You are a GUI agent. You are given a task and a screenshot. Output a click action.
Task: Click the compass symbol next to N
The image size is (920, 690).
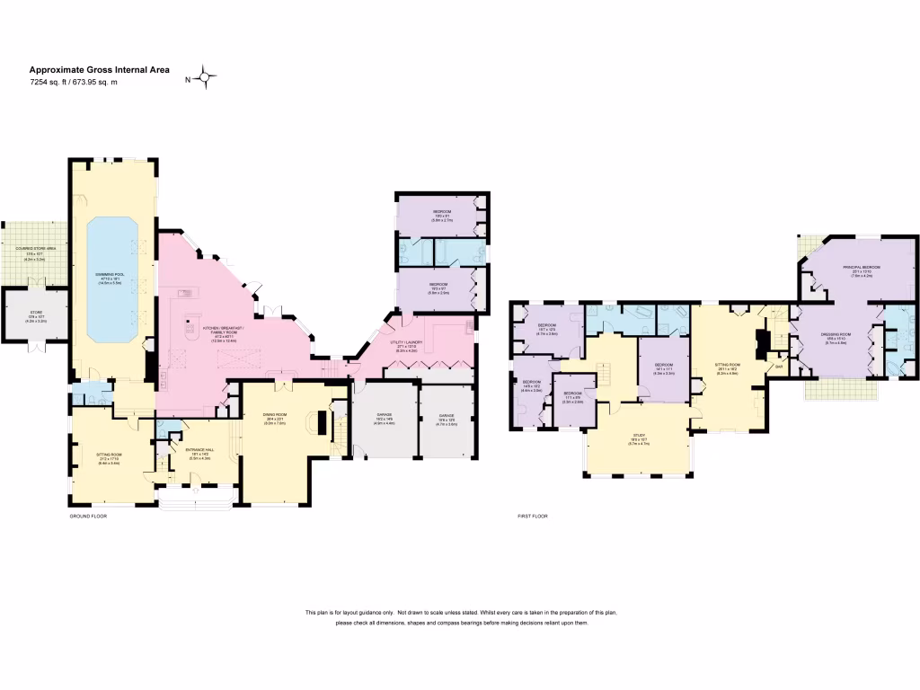pos(208,79)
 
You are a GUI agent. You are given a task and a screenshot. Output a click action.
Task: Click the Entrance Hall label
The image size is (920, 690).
pos(196,452)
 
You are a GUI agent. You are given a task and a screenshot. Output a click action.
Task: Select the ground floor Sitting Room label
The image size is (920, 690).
pos(109,456)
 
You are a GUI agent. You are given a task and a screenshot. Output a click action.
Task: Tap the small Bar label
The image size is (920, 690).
pos(778,367)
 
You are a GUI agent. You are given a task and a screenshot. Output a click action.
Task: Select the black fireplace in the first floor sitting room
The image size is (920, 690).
pos(763,342)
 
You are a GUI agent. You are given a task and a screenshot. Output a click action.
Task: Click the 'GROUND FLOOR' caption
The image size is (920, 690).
pos(90,517)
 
